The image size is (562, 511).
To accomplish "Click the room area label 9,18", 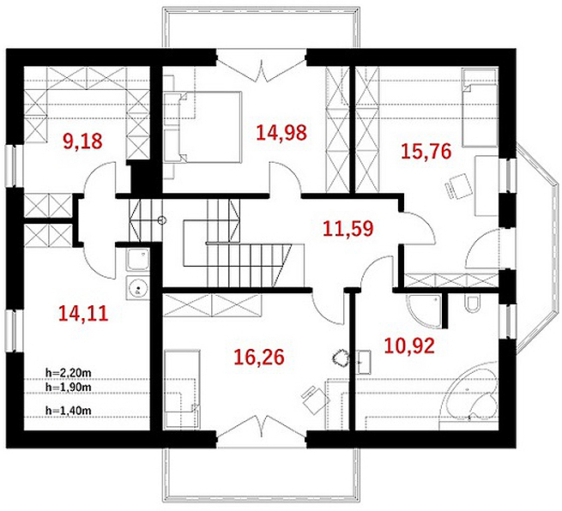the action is (x=82, y=141).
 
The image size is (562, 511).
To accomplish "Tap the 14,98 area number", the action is (x=281, y=133).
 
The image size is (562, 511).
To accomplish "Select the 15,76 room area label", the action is (x=426, y=151).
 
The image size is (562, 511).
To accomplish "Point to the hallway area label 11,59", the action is (x=348, y=229).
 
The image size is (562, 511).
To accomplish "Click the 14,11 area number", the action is (x=83, y=313).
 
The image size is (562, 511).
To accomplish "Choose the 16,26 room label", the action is (x=259, y=357).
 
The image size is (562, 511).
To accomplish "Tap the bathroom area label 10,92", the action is (x=409, y=346).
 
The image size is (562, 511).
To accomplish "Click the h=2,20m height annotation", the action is (x=68, y=373).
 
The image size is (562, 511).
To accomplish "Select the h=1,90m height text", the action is (x=68, y=387).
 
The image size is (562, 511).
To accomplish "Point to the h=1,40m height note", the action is (x=68, y=411).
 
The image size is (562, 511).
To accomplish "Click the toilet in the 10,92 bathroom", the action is (x=471, y=303).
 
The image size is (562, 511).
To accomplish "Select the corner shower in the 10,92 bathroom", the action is (x=424, y=310).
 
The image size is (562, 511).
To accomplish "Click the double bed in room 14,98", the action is (x=202, y=128).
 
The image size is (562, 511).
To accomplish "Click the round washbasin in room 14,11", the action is (x=137, y=288).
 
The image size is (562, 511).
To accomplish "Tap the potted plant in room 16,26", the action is (x=340, y=357).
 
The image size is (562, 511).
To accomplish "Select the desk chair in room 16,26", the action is (x=315, y=400).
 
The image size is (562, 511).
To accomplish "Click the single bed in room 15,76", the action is (x=480, y=108).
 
